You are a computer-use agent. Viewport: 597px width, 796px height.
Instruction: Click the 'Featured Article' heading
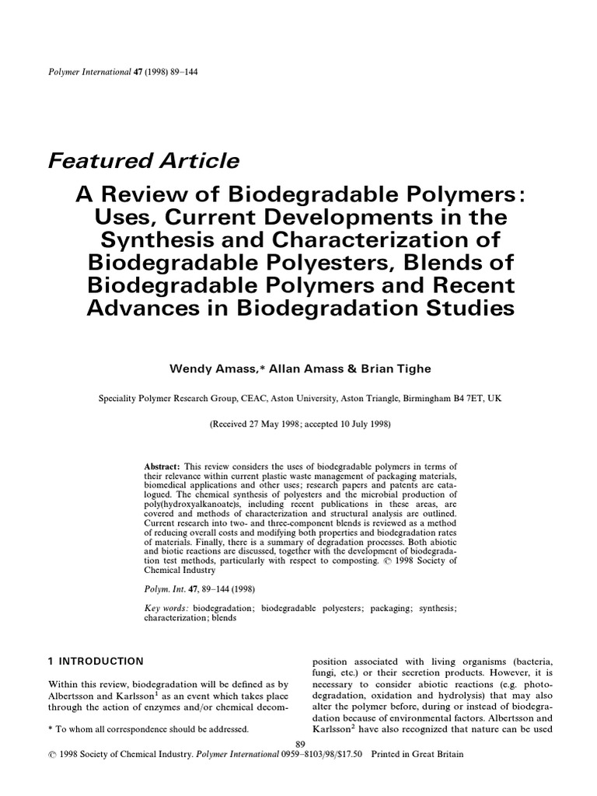coord(144,161)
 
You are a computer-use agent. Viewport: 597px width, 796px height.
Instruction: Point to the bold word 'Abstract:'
coord(162,465)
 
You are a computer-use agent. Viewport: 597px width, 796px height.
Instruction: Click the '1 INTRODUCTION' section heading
coord(96,662)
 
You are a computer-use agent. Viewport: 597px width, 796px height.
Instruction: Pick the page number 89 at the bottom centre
coord(302,744)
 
